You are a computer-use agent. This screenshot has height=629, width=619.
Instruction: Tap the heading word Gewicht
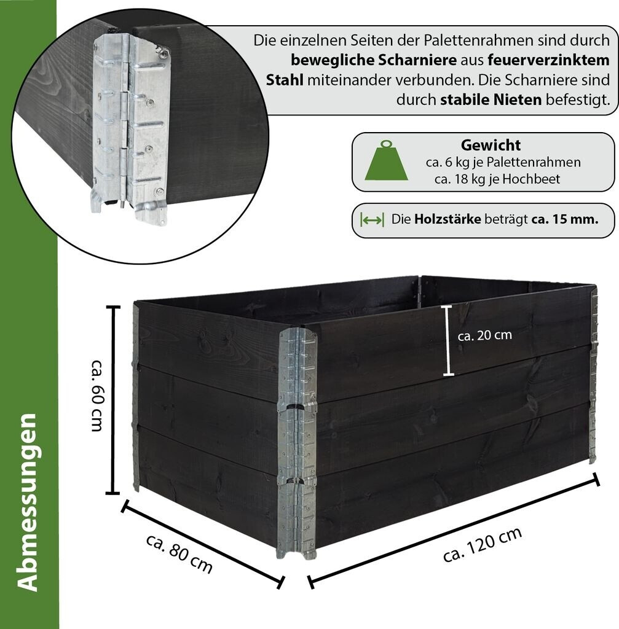491,146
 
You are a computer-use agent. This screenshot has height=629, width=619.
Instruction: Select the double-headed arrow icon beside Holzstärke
373,219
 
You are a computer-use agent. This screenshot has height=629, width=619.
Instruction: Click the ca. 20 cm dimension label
485,335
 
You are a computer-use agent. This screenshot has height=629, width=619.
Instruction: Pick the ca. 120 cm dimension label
483,545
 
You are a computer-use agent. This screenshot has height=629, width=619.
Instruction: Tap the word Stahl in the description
285,80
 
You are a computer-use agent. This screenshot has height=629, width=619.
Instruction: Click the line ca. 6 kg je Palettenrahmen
503,163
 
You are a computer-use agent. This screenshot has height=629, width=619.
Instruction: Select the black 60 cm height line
112,399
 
